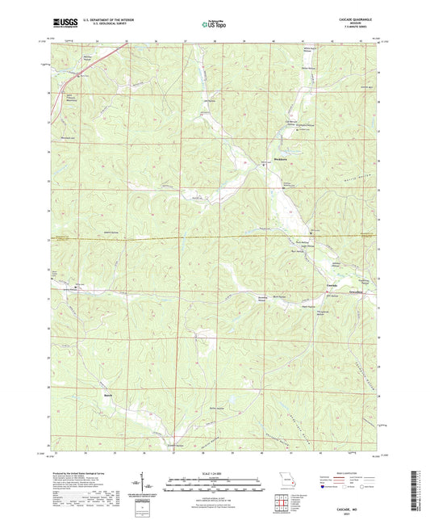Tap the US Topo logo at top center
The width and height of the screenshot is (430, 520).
pyautogui.click(x=214, y=25)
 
